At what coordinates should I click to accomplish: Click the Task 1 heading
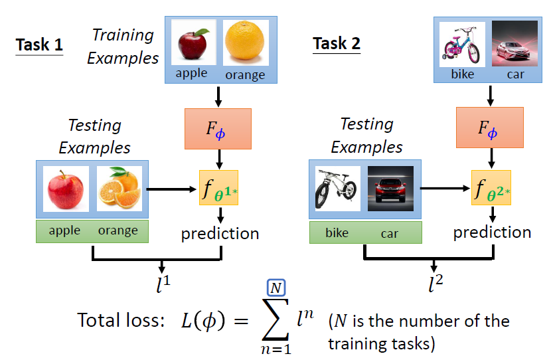[40, 45]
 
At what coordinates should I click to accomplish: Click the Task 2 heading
[337, 44]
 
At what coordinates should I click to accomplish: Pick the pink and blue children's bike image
[462, 44]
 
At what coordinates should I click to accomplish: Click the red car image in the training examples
[514, 44]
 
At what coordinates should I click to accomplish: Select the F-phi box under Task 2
[491, 129]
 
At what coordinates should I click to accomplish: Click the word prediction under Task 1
[220, 234]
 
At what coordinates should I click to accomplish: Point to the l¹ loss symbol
[162, 285]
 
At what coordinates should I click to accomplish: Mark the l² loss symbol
[434, 285]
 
